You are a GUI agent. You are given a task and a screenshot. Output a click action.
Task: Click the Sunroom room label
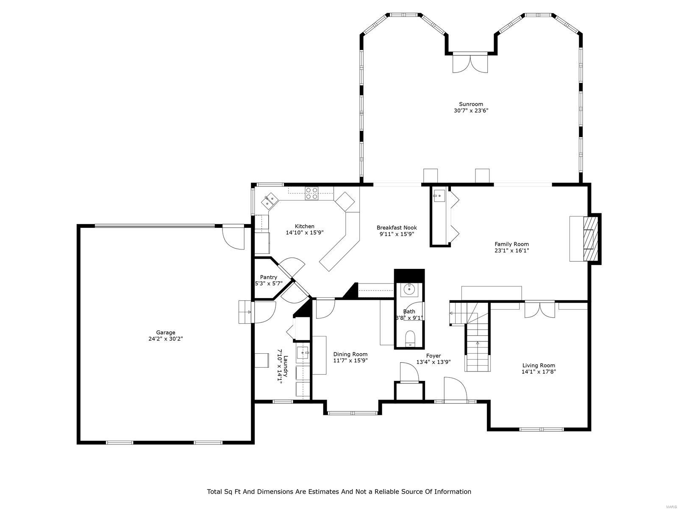click(471, 104)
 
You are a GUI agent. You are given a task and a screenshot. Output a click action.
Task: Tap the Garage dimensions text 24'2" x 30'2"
click(165, 339)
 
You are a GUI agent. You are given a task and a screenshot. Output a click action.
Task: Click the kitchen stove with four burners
click(311, 193)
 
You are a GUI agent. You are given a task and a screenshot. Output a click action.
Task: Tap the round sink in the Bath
click(409, 289)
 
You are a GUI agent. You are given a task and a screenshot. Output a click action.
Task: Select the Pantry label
click(269, 277)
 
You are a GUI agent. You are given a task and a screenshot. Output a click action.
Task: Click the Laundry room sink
click(303, 352)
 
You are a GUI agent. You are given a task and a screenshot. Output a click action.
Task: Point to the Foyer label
click(433, 356)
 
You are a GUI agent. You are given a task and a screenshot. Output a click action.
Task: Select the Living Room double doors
click(539, 309)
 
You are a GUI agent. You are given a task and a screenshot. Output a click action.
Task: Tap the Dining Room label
click(350, 354)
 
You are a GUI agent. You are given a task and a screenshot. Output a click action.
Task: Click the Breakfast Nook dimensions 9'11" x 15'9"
click(397, 234)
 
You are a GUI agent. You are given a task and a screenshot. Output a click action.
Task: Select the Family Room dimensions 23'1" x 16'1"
click(511, 250)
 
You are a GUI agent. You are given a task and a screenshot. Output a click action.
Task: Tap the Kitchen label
click(305, 226)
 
